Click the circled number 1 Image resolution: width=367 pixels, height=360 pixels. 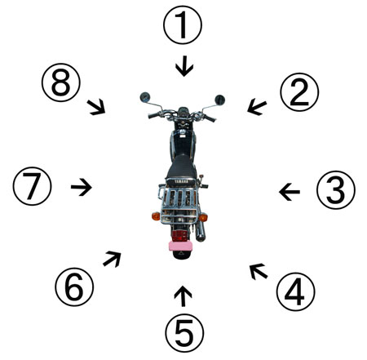point(183,24)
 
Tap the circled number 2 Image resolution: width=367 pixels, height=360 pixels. point(299,92)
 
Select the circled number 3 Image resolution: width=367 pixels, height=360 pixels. point(336,189)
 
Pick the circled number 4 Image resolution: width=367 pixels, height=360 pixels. point(296,291)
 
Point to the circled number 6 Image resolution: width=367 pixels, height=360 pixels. point(74,287)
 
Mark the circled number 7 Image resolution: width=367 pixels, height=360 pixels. point(32,186)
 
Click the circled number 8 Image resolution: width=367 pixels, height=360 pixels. point(61,82)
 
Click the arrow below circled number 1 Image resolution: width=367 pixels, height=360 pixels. point(184,66)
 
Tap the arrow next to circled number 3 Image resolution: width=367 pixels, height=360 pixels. point(290,192)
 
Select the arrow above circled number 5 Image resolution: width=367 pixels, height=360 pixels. point(183,296)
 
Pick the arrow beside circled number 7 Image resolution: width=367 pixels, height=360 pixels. point(82,187)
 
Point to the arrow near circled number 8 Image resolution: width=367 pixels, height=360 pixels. point(96,107)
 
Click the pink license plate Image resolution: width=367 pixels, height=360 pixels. point(180,246)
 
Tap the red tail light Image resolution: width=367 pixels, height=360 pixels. point(180,235)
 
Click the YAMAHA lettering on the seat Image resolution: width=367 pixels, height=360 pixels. point(181,181)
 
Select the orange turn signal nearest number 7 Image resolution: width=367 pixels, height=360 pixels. point(156,216)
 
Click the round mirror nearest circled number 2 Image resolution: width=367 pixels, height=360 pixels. point(219,100)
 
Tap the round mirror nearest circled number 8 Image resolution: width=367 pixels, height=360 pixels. point(145,97)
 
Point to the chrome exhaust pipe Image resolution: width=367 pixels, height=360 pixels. point(201,231)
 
